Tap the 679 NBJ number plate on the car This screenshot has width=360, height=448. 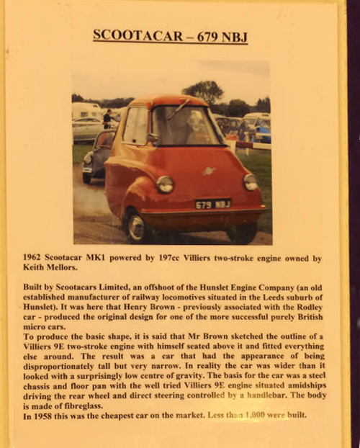(212, 204)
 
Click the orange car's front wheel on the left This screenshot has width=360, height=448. (136, 225)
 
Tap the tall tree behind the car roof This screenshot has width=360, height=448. (203, 91)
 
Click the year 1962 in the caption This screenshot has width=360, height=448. (36, 256)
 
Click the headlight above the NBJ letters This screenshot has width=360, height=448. (250, 182)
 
